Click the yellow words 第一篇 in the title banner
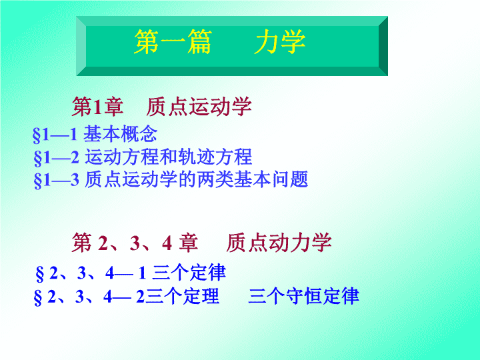[x=173, y=41]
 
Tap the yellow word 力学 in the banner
[x=280, y=41]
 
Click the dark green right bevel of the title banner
[x=383, y=46]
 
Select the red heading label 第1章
[x=97, y=107]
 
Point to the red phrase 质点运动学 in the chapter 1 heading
[x=199, y=107]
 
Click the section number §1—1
[x=55, y=135]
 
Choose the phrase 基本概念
[x=120, y=134]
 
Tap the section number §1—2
[x=56, y=157]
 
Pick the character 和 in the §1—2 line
[x=169, y=157]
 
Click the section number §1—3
[x=56, y=180]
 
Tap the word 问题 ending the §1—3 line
[x=290, y=179]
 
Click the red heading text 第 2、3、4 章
[x=135, y=243]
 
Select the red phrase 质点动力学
[x=279, y=243]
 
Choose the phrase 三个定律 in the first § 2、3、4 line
[x=189, y=272]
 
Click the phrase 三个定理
[x=183, y=296]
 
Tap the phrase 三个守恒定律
[x=303, y=296]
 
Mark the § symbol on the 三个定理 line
[x=37, y=297]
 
